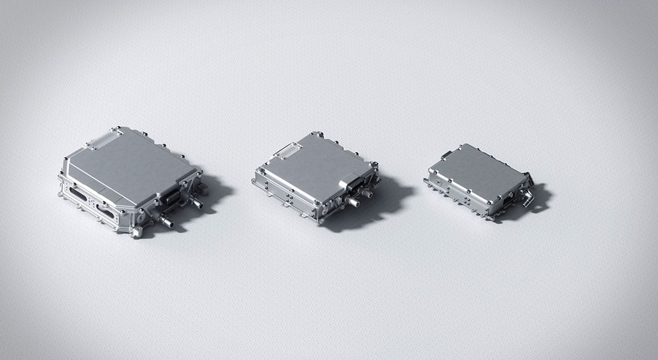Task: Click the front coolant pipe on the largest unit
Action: pyautogui.click(x=166, y=220)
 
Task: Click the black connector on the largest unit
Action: pyautogui.click(x=170, y=196)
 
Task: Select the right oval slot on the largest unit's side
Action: pyautogui.click(x=105, y=211)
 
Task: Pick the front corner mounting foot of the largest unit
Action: pyautogui.click(x=136, y=231)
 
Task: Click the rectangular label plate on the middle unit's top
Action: pyautogui.click(x=287, y=150)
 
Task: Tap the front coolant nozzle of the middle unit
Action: pyautogui.click(x=353, y=201)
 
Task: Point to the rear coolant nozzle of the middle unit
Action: pyautogui.click(x=367, y=193)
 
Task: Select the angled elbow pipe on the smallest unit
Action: pyautogui.click(x=527, y=196)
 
